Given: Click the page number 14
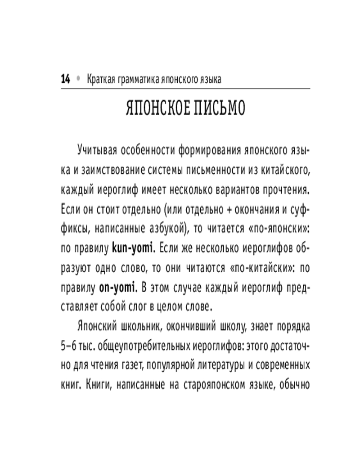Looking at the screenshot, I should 66,79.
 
